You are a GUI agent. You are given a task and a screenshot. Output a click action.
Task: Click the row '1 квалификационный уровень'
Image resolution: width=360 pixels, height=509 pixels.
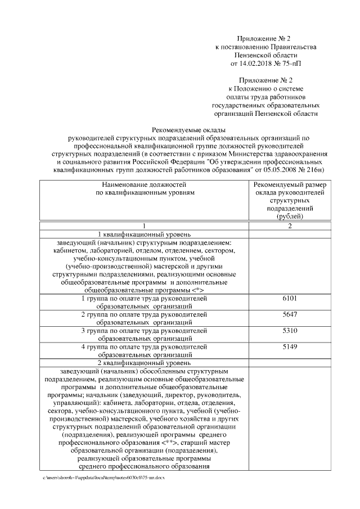coord(145,233)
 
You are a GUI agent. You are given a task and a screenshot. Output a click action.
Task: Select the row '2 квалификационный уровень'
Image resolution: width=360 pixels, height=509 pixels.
coord(145,363)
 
